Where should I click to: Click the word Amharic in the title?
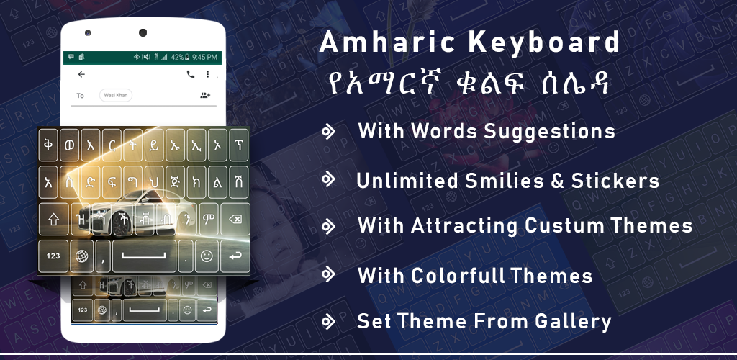[x=387, y=42]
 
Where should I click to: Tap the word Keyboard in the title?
[x=544, y=42]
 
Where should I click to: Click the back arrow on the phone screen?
[x=81, y=74]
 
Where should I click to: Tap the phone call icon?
[x=190, y=74]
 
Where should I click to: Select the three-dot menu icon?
[x=208, y=74]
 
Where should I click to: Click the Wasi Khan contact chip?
[x=116, y=96]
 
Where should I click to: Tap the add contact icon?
[x=205, y=96]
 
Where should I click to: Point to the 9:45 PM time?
[x=204, y=58]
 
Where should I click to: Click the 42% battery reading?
[x=177, y=58]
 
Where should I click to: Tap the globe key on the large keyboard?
[x=81, y=256]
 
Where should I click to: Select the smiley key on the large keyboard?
[x=207, y=256]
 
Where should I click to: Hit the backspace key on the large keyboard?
[x=235, y=219]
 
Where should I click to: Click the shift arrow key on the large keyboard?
[x=53, y=219]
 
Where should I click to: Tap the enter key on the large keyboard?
[x=235, y=256]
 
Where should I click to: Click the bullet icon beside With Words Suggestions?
[x=328, y=132]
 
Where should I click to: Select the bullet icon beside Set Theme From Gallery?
[x=328, y=322]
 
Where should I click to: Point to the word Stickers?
[x=615, y=181]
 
